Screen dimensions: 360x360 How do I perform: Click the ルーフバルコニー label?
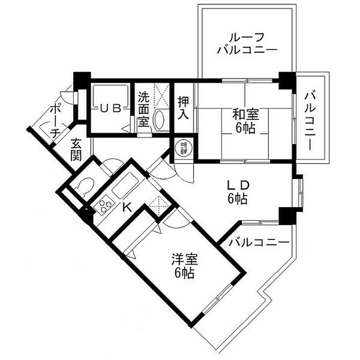(247, 43)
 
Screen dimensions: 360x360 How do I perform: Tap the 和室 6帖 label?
(245, 121)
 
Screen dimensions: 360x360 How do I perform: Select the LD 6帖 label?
(238, 192)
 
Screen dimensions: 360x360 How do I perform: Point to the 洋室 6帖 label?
(185, 266)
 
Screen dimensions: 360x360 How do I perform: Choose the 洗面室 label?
(143, 109)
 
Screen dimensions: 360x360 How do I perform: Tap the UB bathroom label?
(111, 109)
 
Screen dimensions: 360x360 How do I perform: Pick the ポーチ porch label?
(56, 121)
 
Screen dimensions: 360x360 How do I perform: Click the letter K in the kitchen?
(127, 208)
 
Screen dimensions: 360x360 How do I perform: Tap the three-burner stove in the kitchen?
(104, 205)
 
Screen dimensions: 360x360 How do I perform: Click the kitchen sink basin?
(125, 185)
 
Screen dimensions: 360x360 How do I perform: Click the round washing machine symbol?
(183, 148)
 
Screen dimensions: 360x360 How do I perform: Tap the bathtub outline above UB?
(111, 97)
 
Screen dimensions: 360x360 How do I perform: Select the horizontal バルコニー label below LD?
(259, 242)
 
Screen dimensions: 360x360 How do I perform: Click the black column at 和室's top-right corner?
(287, 80)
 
